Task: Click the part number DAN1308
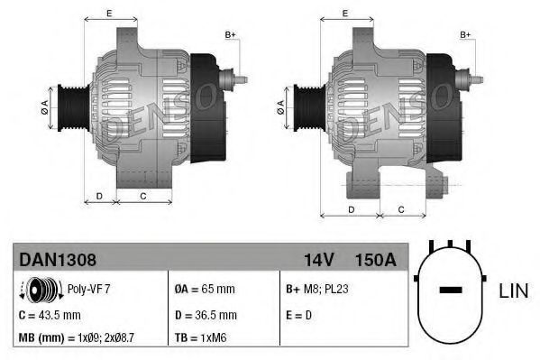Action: pos(58,260)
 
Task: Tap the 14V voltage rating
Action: pos(318,260)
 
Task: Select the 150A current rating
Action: pos(375,260)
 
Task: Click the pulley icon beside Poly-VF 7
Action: pos(41,289)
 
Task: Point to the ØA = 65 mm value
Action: pos(205,289)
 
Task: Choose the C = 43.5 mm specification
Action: pos(50,315)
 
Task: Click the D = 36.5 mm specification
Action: pos(206,315)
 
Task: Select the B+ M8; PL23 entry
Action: pos(317,289)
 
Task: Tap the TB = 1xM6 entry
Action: pos(200,337)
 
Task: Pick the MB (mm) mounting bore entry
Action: pos(76,337)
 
